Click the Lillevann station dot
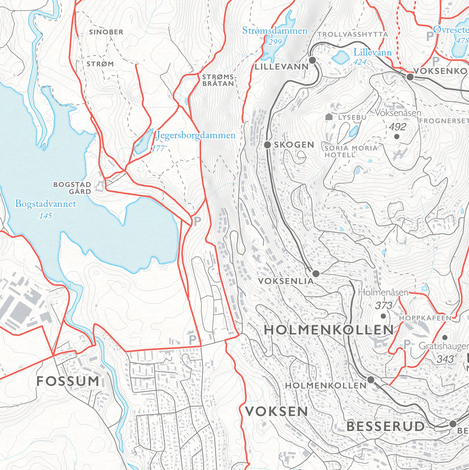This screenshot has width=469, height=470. coord(312,60)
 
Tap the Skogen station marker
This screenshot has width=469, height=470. coord(267,145)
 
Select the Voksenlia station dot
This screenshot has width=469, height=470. coord(315,273)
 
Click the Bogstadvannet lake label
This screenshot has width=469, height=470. coord(45,204)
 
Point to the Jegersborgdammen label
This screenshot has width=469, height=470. coord(196,135)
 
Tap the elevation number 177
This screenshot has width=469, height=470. coord(158,148)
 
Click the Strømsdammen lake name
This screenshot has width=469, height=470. coord(275,31)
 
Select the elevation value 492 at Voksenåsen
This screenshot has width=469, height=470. coord(397,127)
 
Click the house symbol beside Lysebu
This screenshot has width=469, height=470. coord(329,117)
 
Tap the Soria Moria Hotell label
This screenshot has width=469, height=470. coord(351,151)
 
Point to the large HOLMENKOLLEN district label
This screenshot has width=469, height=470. coord(328,330)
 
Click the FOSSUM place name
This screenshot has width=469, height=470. coord(68,381)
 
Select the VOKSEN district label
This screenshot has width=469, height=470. coord(276,412)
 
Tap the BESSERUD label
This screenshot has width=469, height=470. coord(385,426)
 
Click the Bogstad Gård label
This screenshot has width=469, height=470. coord(72,188)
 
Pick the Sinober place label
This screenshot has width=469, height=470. coord(106,32)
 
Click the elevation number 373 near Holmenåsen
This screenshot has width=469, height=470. coord(383,306)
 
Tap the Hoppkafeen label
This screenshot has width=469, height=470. coord(425,318)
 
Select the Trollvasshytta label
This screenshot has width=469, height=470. coord(352,34)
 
